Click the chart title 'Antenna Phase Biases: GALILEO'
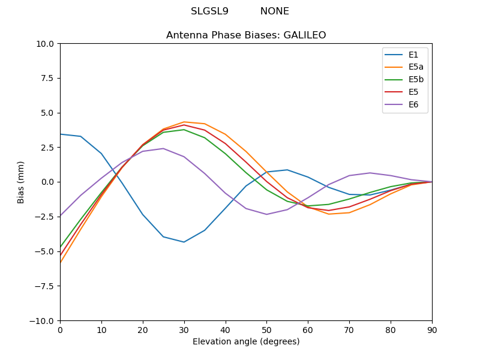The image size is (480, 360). [x=246, y=35]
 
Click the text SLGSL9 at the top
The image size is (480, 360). [x=209, y=11]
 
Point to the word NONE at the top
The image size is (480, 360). [x=274, y=11]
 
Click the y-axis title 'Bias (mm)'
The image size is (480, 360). [x=22, y=182]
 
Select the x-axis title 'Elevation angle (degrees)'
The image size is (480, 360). [x=246, y=342]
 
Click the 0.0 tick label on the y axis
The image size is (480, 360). [x=47, y=182]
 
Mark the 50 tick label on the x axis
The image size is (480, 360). [x=266, y=329]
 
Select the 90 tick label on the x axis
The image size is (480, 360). [x=432, y=329]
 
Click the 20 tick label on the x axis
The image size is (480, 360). [x=143, y=329]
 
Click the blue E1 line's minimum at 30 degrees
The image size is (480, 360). [x=184, y=242]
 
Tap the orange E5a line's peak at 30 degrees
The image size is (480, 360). [x=184, y=122]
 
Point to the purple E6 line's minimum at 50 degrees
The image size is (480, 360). [x=266, y=214]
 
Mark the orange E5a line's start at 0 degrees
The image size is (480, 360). [x=61, y=262]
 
